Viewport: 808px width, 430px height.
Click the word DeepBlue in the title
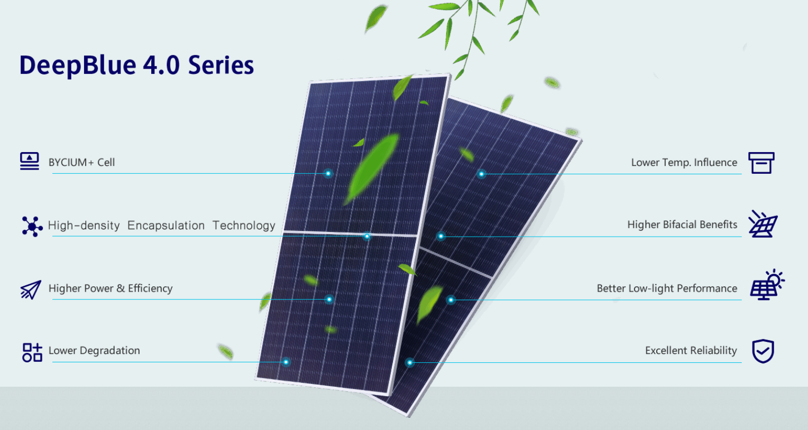click(78, 66)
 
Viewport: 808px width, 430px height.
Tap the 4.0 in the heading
click(161, 65)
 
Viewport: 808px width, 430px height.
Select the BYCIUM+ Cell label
click(81, 163)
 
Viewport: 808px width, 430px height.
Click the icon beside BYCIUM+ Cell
click(30, 161)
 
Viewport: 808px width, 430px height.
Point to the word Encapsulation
click(166, 226)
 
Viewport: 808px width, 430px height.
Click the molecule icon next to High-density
click(32, 226)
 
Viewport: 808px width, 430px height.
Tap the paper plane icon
click(31, 290)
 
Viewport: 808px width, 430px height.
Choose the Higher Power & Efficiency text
click(111, 288)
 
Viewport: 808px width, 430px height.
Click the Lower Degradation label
click(94, 350)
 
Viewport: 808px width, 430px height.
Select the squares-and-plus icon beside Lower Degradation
click(32, 352)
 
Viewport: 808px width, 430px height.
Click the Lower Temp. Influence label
click(684, 163)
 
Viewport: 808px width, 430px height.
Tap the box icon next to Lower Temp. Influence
click(761, 163)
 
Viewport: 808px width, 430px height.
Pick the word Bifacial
click(679, 225)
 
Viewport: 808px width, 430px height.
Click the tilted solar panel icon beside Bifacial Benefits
click(763, 224)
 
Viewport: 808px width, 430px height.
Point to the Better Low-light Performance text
click(667, 288)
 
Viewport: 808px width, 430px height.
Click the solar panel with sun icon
click(767, 285)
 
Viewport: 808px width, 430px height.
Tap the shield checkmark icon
click(763, 351)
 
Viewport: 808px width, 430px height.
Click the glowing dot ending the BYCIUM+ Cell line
click(328, 173)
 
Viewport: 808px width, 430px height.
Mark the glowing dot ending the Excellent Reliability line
click(409, 362)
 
